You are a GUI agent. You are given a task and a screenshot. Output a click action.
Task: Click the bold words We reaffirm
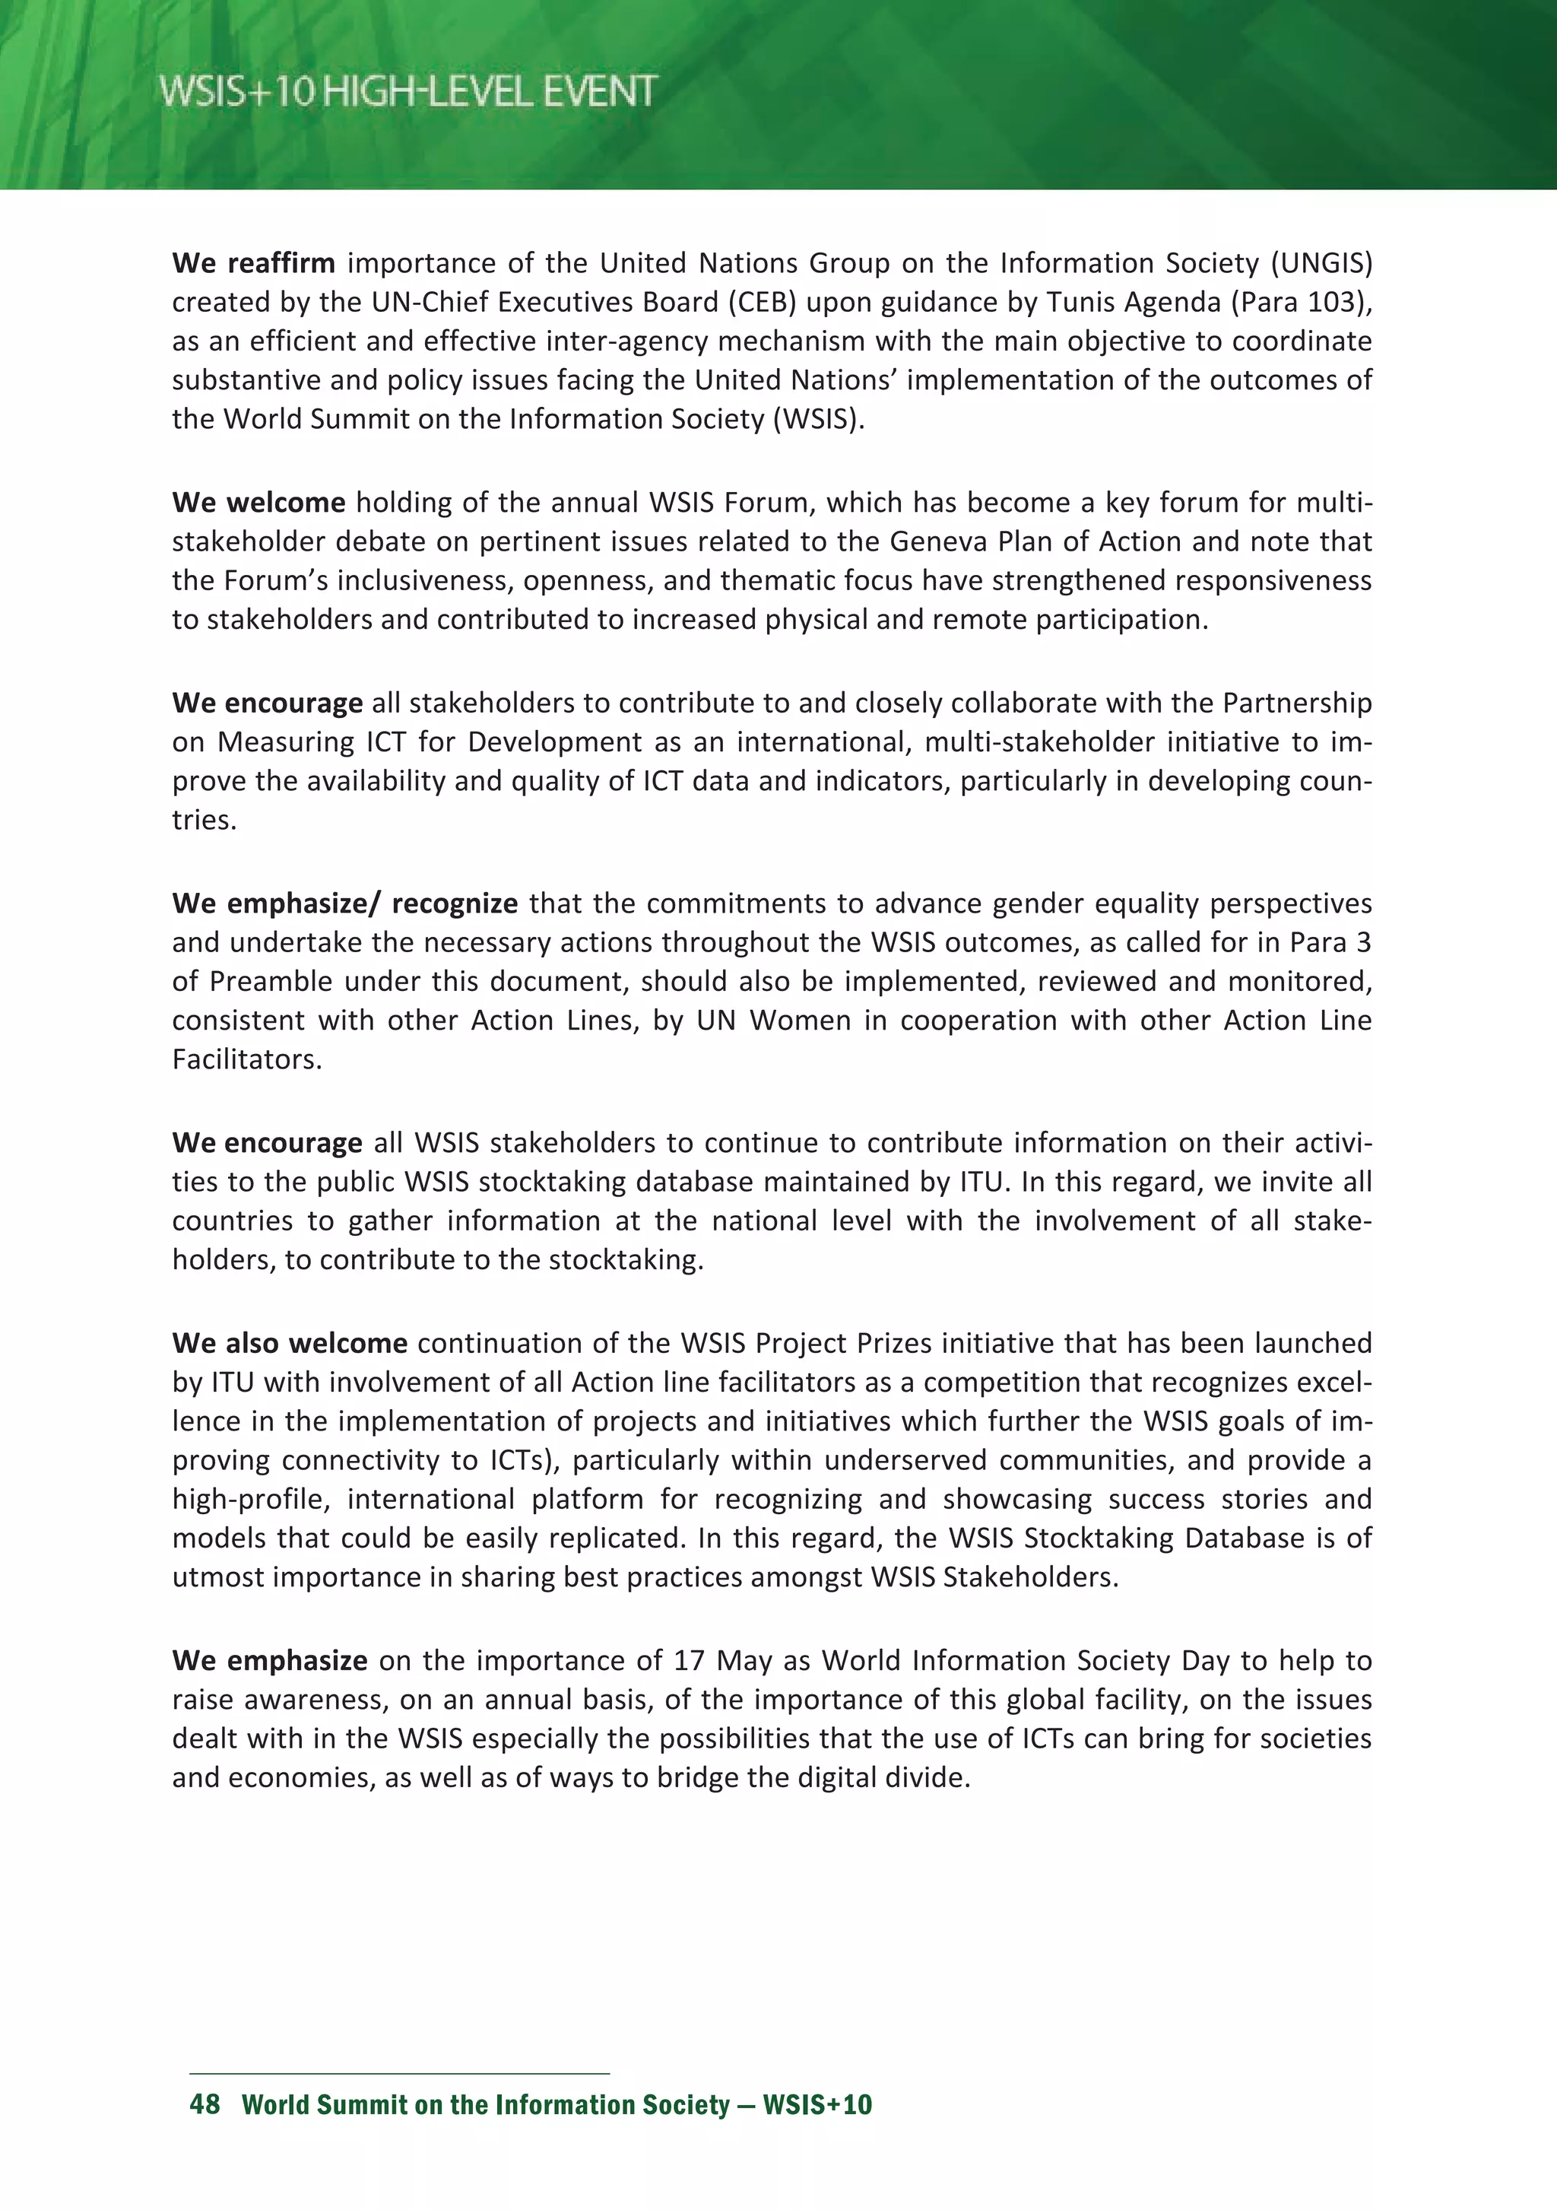point(253,263)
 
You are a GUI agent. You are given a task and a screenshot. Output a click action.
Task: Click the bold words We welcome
point(258,503)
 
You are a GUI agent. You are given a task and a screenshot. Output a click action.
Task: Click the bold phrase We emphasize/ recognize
point(344,903)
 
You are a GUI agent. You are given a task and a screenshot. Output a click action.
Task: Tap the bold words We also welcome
point(289,1343)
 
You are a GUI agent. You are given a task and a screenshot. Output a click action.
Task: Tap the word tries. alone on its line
point(204,820)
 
